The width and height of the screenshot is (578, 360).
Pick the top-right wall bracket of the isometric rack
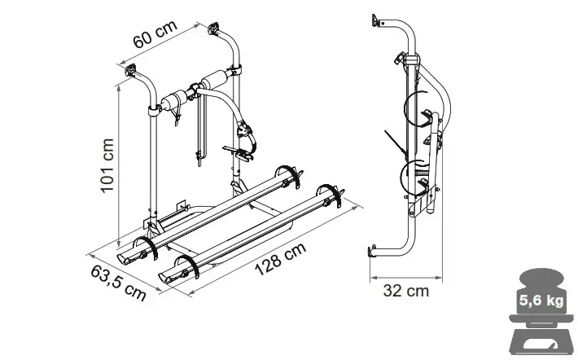pyautogui.click(x=215, y=30)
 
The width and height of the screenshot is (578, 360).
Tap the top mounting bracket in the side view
pyautogui.click(x=376, y=19)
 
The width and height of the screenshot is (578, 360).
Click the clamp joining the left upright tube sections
pyautogui.click(x=152, y=111)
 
